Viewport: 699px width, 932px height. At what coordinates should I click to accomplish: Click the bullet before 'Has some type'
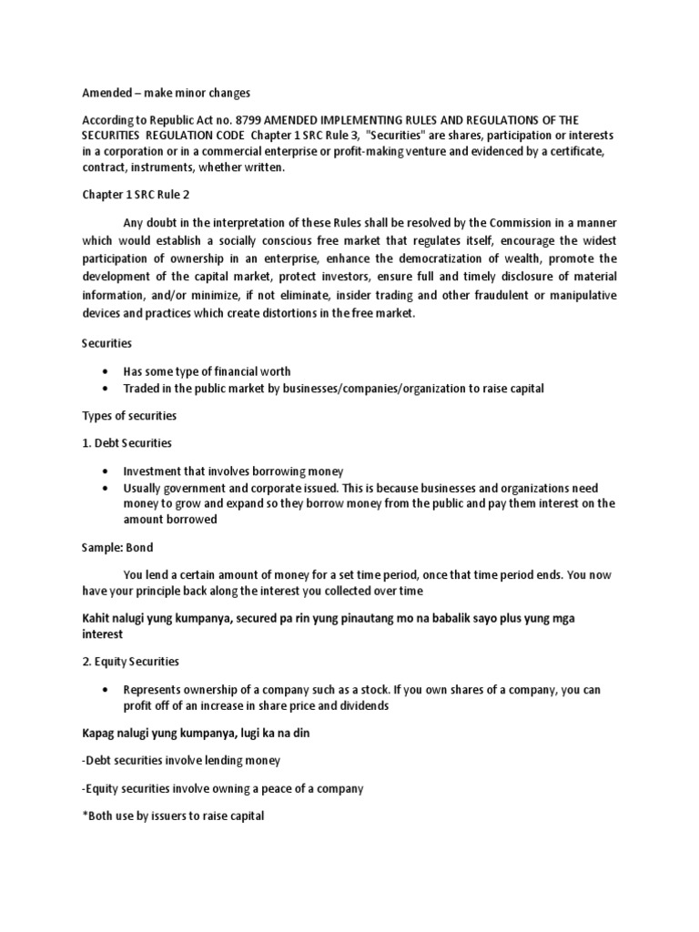click(x=106, y=371)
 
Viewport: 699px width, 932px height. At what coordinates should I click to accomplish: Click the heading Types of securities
click(x=129, y=416)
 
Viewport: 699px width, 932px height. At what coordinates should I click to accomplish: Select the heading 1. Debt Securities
click(x=127, y=443)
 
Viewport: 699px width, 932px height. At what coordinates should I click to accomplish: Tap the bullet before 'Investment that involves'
click(x=106, y=471)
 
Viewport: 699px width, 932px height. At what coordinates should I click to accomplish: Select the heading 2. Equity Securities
click(x=131, y=662)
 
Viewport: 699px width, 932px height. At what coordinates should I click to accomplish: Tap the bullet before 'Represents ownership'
click(x=106, y=689)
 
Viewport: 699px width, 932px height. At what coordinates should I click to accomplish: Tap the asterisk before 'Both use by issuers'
click(x=85, y=815)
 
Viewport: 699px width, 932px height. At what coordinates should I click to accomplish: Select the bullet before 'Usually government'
click(x=106, y=489)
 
